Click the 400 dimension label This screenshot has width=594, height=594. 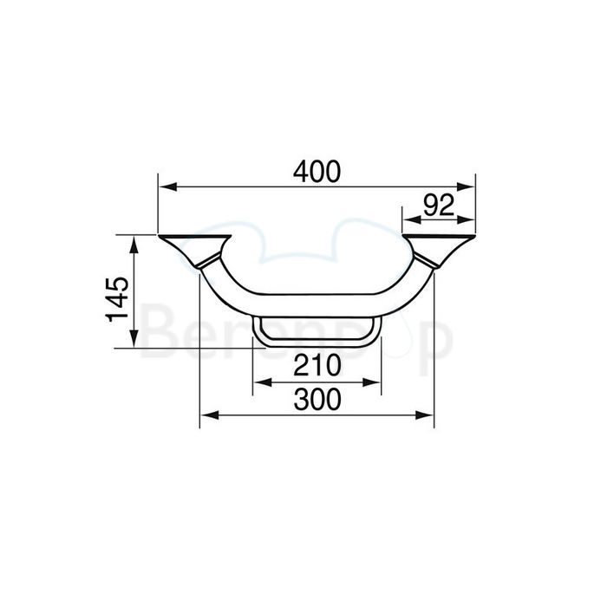tap(316, 172)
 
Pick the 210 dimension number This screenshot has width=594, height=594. tap(316, 367)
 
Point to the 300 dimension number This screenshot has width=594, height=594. tap(316, 399)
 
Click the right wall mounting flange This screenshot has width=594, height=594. tap(440, 246)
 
